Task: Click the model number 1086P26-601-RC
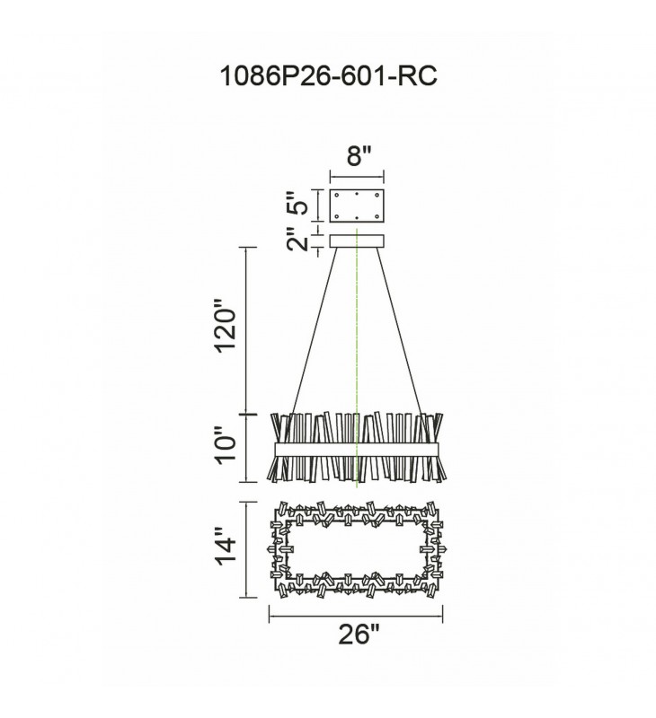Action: click(x=328, y=75)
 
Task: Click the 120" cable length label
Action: click(x=226, y=326)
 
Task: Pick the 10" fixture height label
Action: click(x=226, y=445)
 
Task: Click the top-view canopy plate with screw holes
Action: click(x=357, y=205)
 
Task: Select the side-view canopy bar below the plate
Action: click(x=357, y=241)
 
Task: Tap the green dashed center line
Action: click(x=357, y=358)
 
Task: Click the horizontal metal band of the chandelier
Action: click(x=356, y=450)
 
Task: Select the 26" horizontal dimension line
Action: click(x=356, y=616)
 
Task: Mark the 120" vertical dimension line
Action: click(x=247, y=330)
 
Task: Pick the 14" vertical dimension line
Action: click(x=247, y=549)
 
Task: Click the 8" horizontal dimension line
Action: click(x=357, y=176)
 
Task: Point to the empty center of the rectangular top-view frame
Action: click(x=357, y=549)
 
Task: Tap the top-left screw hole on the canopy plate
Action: click(x=337, y=195)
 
